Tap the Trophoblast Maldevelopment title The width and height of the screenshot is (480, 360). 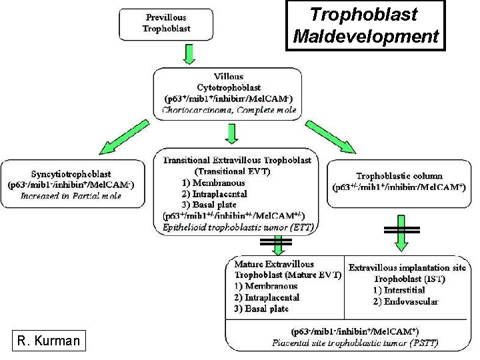[x=365, y=25]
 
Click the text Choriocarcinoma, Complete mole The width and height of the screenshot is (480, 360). [x=228, y=111]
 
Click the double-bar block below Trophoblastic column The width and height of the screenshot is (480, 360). [x=400, y=229]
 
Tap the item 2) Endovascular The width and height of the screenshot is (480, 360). [x=405, y=301]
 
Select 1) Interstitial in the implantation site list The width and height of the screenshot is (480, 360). [x=403, y=290]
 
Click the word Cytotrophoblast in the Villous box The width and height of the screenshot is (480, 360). [x=229, y=87]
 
